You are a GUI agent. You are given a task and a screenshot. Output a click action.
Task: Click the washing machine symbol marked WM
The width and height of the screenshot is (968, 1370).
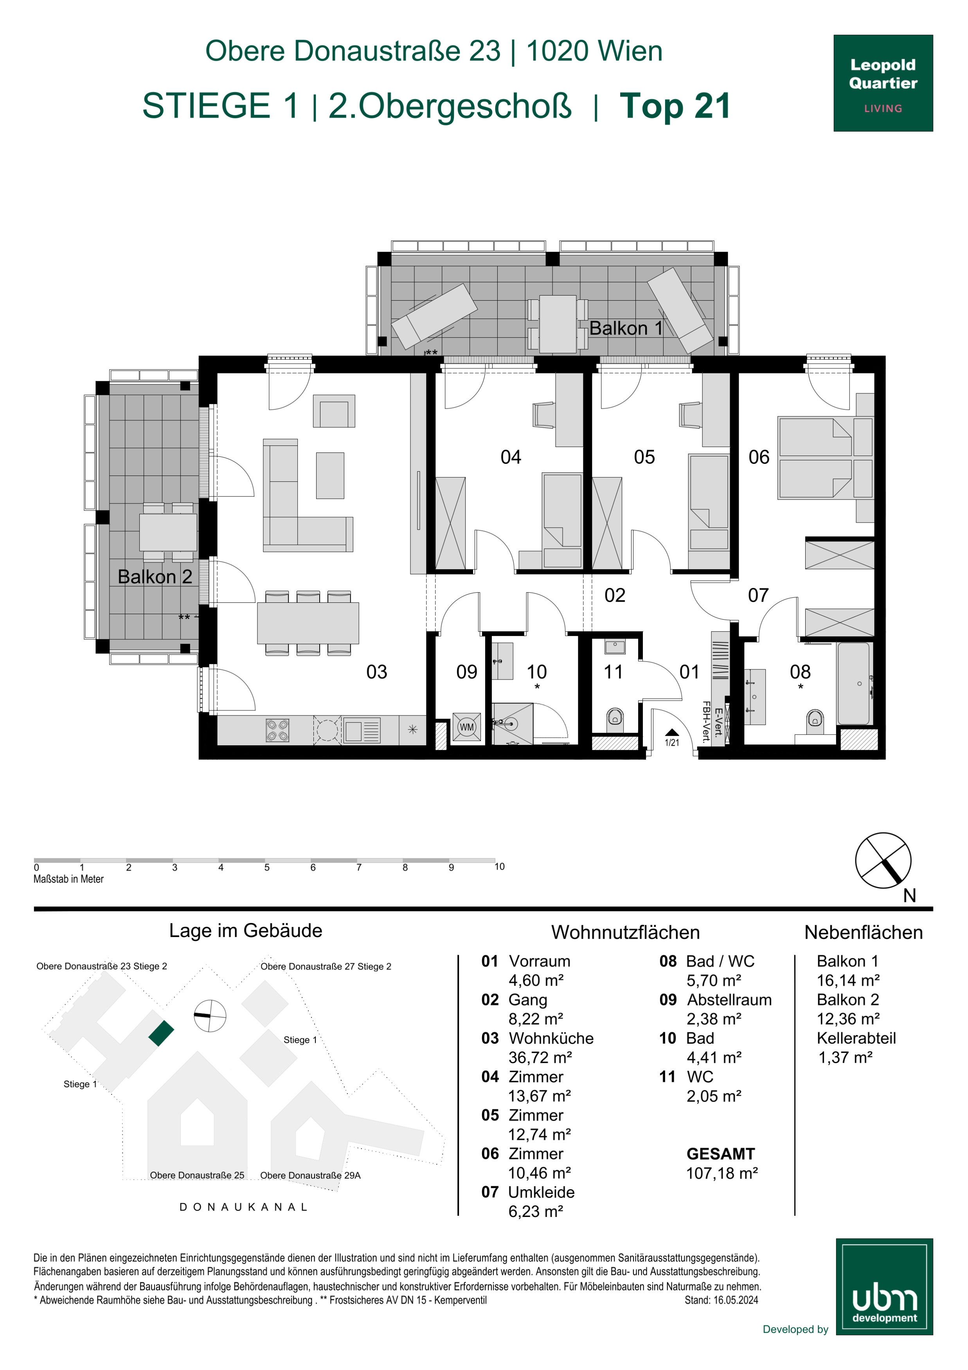click(466, 727)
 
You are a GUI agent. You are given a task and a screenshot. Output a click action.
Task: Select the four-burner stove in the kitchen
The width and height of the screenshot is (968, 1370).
click(277, 730)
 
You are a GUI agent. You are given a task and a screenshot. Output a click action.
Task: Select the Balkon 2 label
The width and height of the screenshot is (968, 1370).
click(155, 577)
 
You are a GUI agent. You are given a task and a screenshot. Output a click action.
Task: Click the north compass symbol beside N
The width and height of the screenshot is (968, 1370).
click(883, 860)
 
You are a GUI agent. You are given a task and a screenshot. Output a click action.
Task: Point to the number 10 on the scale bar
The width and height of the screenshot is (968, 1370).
click(499, 866)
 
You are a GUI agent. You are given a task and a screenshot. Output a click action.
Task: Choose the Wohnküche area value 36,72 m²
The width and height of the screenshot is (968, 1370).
click(540, 1057)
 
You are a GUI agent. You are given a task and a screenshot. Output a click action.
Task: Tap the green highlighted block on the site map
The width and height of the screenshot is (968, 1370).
click(161, 1033)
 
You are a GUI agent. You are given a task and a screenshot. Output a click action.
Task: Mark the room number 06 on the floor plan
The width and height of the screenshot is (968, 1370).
click(759, 457)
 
